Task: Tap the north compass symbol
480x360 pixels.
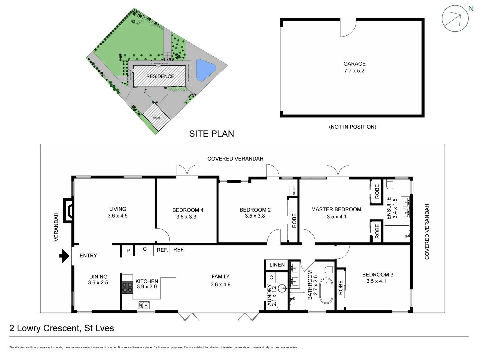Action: pyautogui.click(x=455, y=18)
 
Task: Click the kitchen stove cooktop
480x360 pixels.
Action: pyautogui.click(x=127, y=287)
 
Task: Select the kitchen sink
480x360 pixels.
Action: pyautogui.click(x=144, y=305)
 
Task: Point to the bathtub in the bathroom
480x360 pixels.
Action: pyautogui.click(x=326, y=291)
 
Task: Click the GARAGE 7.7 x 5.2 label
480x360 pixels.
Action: pyautogui.click(x=354, y=67)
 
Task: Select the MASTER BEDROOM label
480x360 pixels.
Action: pyautogui.click(x=336, y=209)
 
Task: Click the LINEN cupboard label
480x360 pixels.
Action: pyautogui.click(x=277, y=265)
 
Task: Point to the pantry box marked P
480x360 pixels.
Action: pyautogui.click(x=128, y=251)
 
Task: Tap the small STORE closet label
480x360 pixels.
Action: pyautogui.click(x=294, y=191)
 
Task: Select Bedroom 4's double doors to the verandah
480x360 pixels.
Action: pyautogui.click(x=187, y=170)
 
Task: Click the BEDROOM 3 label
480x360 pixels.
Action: pyautogui.click(x=377, y=275)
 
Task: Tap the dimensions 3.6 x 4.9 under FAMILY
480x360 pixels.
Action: pyautogui.click(x=220, y=284)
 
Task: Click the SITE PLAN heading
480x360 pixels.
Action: pyautogui.click(x=211, y=134)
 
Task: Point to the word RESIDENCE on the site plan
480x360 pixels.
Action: pyautogui.click(x=160, y=76)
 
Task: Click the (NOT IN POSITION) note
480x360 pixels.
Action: pyautogui.click(x=352, y=127)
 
